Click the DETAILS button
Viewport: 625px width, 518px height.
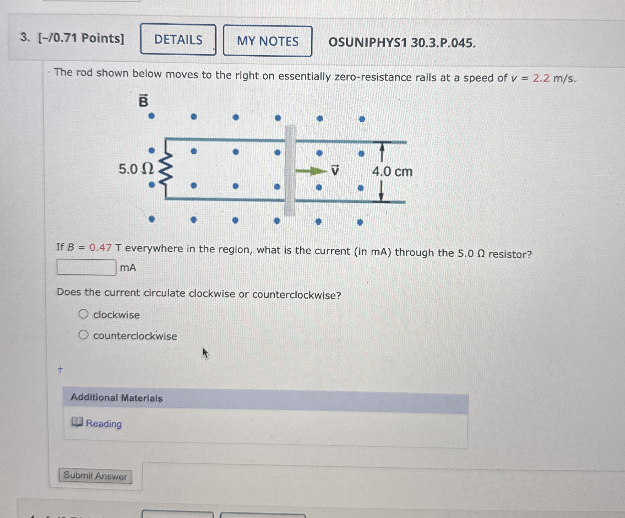click(x=178, y=40)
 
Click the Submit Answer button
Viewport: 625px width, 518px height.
click(x=95, y=476)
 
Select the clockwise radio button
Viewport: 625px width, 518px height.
click(x=83, y=314)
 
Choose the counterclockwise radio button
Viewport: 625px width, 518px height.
click(x=83, y=335)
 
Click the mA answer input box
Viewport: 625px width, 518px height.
click(x=86, y=267)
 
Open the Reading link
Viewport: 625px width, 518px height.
click(x=103, y=423)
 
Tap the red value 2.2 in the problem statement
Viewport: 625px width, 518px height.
click(x=541, y=78)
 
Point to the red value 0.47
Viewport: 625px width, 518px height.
click(x=101, y=247)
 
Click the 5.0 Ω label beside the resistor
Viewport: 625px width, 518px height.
click(x=136, y=169)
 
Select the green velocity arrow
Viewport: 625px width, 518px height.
click(x=310, y=171)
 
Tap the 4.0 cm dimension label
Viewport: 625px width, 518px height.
click(x=392, y=172)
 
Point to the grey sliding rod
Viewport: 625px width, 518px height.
click(x=290, y=170)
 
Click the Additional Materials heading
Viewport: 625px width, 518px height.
click(x=117, y=398)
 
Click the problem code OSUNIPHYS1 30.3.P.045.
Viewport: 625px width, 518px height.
click(x=402, y=43)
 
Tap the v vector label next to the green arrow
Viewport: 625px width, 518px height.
click(x=335, y=170)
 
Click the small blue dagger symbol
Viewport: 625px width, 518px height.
click(x=61, y=370)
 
